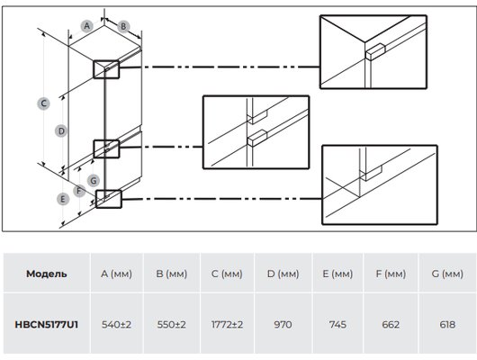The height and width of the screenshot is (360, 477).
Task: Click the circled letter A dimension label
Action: (87, 26)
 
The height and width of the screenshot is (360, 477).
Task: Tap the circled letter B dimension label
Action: (123, 26)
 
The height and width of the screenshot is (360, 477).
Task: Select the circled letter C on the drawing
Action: (43, 103)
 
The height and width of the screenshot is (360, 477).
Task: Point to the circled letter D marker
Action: (61, 131)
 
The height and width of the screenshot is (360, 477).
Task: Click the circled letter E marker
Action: (63, 199)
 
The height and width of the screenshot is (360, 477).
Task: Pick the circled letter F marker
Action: (79, 191)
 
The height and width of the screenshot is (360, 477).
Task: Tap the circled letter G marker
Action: (94, 181)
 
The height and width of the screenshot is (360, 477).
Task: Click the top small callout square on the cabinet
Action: (106, 69)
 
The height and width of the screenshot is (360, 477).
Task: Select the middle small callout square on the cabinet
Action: (106, 148)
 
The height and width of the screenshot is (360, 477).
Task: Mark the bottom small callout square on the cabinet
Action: (109, 199)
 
